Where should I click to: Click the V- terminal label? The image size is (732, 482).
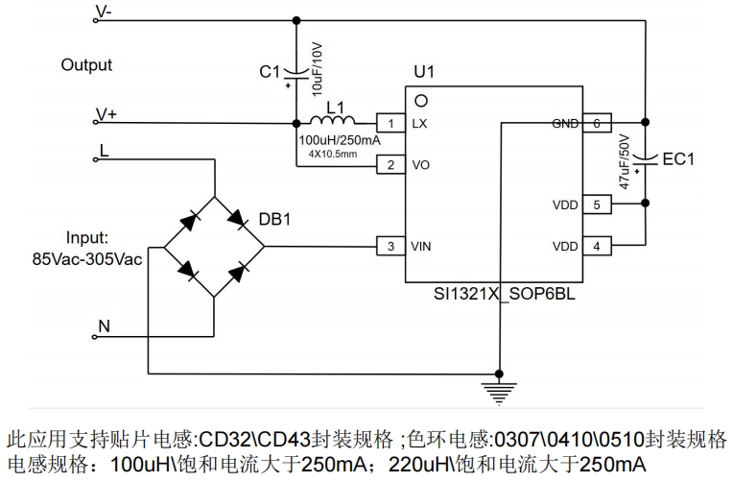tap(105, 12)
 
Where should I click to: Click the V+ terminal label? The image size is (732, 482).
tap(106, 114)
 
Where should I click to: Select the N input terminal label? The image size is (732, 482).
tap(104, 326)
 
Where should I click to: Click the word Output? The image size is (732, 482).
tap(86, 65)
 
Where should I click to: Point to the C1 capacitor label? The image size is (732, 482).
tap(271, 71)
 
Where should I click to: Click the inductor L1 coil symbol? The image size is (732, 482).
tap(332, 121)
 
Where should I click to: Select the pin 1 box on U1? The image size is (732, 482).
tap(390, 124)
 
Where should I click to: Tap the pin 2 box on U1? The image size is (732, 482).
tap(390, 165)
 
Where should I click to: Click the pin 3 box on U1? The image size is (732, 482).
tap(390, 247)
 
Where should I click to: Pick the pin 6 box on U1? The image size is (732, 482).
tap(596, 124)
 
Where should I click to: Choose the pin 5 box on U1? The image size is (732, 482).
tap(596, 205)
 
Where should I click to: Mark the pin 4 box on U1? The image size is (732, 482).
tap(596, 247)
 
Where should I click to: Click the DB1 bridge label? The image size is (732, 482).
tap(274, 220)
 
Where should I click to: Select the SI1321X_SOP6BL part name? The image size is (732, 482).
tap(504, 295)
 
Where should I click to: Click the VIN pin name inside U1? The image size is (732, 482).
tap(422, 247)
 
